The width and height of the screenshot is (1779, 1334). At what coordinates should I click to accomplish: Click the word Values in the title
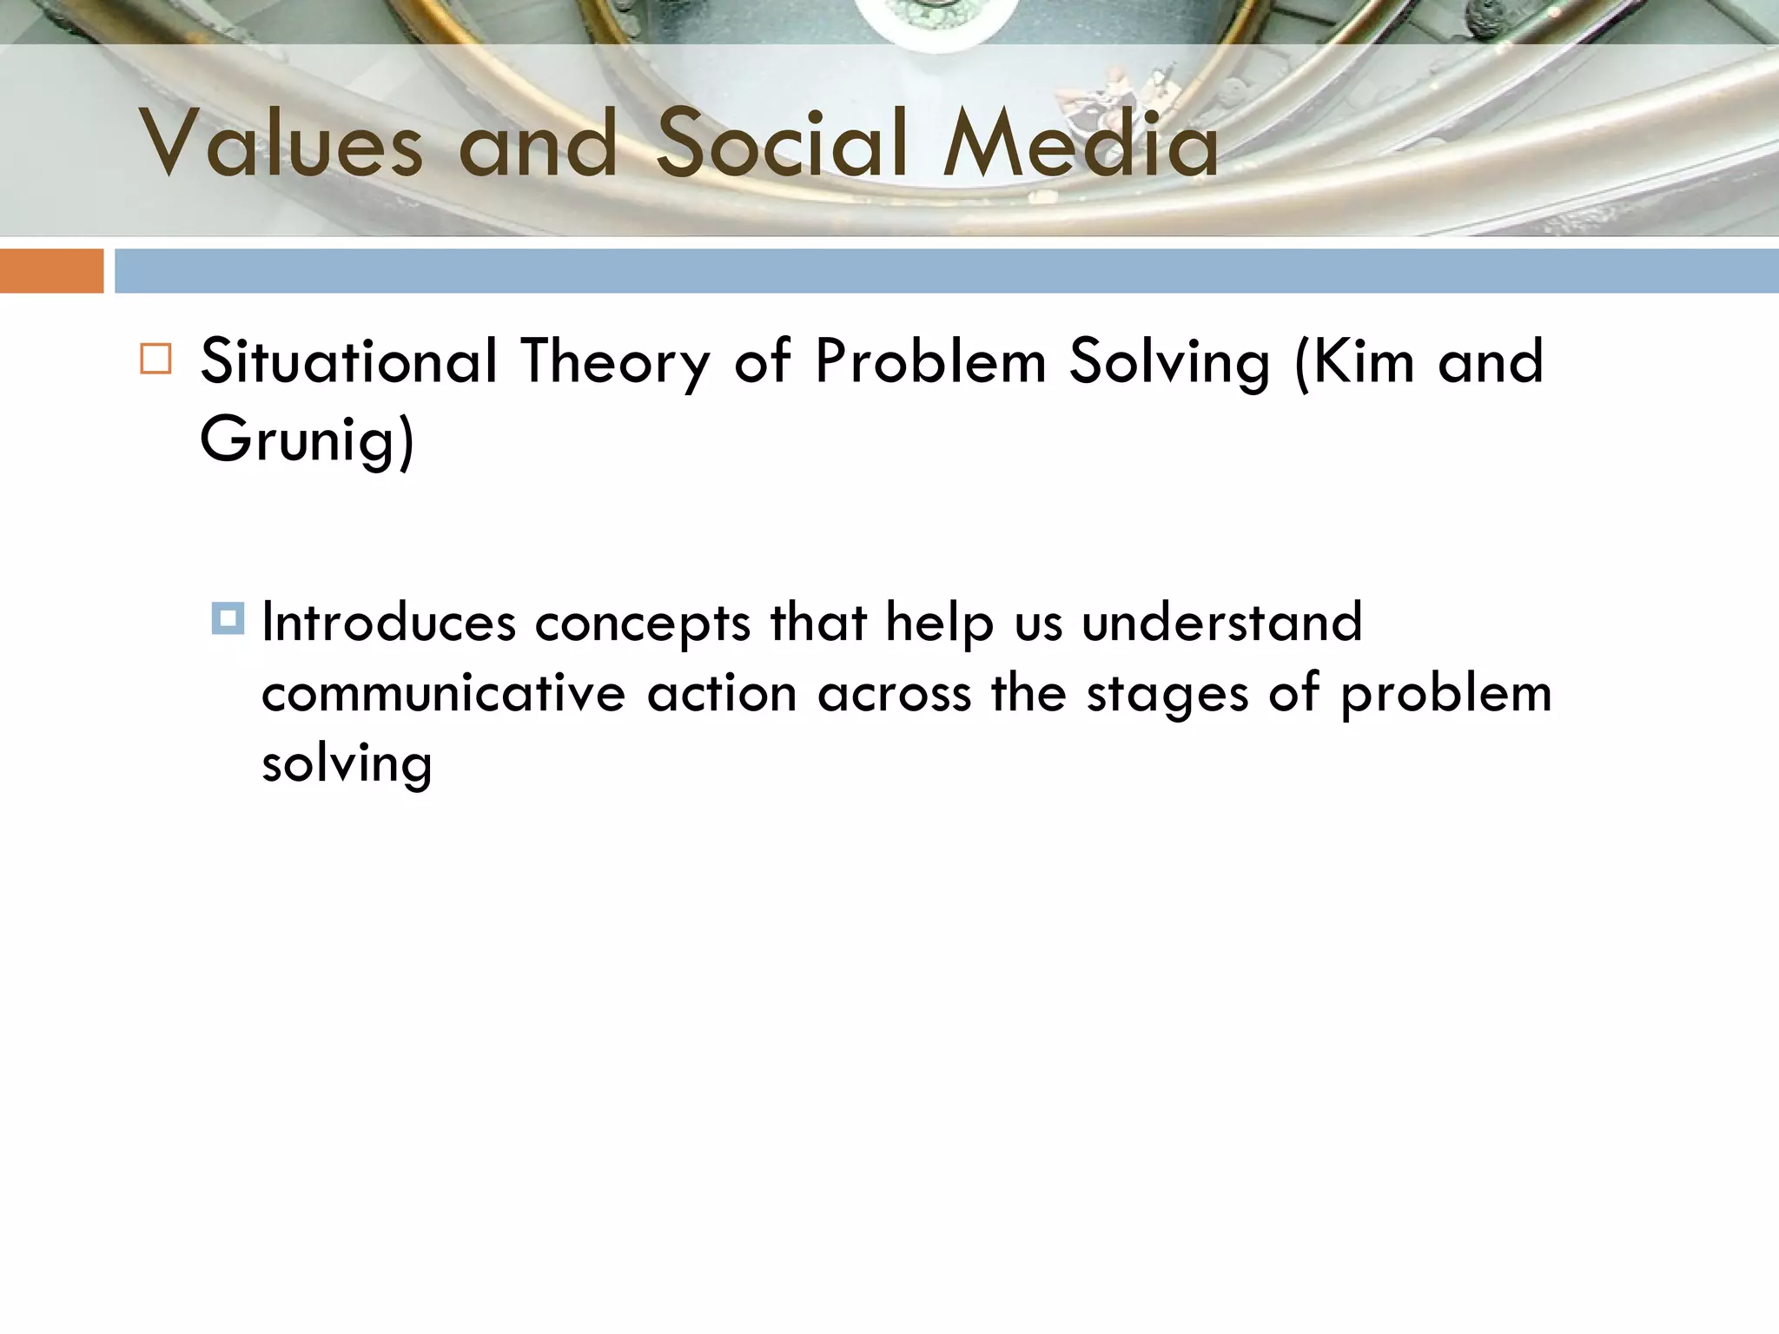281,144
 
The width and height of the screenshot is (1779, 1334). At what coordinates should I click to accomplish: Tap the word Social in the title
783,144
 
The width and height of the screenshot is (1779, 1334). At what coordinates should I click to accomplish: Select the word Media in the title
1081,144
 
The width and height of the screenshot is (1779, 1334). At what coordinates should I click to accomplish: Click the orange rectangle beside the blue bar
51,271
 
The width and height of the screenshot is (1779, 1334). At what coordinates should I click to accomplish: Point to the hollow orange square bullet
155,359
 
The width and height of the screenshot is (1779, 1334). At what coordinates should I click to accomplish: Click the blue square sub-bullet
228,618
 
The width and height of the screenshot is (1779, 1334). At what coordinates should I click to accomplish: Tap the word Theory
615,363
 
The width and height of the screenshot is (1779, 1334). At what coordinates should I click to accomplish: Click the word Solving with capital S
1169,363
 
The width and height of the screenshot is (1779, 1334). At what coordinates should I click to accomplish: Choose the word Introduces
388,623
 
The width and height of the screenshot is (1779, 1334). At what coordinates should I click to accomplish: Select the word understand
1221,623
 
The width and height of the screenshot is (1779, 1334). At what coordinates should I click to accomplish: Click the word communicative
443,694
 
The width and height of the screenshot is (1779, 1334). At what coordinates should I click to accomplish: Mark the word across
894,695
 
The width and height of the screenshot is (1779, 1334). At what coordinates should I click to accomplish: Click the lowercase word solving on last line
347,765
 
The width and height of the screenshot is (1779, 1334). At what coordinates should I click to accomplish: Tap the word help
939,624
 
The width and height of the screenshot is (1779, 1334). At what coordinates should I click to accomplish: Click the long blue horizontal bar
946,271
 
